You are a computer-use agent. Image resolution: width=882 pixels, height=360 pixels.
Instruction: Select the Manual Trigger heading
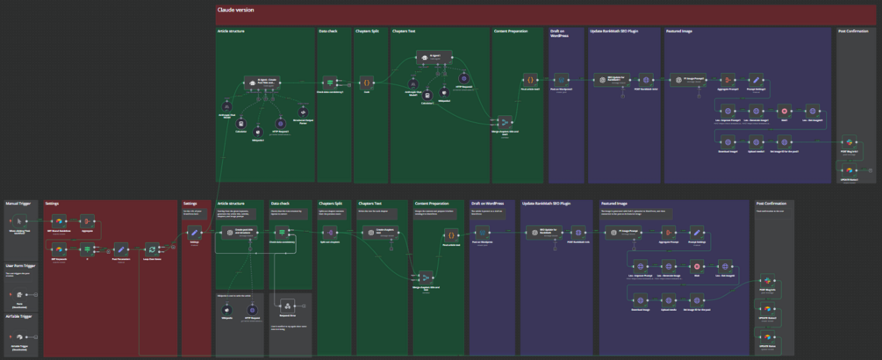pos(18,203)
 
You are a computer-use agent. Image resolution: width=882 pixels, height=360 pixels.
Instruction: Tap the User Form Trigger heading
pos(23,264)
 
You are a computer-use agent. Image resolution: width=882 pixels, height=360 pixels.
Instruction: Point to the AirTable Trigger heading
pos(21,315)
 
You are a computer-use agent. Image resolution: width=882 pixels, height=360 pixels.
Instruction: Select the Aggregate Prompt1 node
pos(727,80)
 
